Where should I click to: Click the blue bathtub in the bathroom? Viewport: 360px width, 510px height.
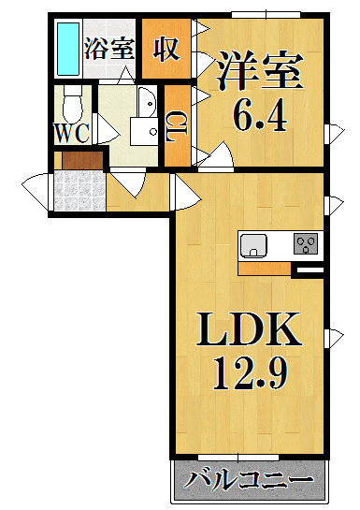pos(68,49)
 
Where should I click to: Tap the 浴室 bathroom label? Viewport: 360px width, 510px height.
pos(109,49)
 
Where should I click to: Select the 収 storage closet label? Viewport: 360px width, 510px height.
pos(166,49)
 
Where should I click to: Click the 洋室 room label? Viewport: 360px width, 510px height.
pos(261,70)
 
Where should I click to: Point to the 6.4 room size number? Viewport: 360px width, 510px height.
pos(261,117)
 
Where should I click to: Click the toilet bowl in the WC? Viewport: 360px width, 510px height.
pos(72,104)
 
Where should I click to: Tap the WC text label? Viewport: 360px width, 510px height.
pos(72,134)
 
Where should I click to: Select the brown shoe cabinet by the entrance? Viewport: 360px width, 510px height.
pos(82,160)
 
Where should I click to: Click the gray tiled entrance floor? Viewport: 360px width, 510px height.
pos(79,191)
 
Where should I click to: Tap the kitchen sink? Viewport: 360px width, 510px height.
pos(253,245)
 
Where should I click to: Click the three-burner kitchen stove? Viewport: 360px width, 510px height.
pos(306,243)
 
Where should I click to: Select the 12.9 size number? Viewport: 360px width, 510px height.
pos(250,373)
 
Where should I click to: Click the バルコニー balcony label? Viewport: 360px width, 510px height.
pos(249,481)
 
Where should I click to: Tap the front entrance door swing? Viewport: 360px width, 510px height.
pos(36,192)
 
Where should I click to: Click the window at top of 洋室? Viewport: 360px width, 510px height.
pos(266,15)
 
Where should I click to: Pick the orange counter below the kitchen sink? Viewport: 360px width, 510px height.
pos(264,269)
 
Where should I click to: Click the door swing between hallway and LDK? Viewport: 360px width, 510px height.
pos(184,192)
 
